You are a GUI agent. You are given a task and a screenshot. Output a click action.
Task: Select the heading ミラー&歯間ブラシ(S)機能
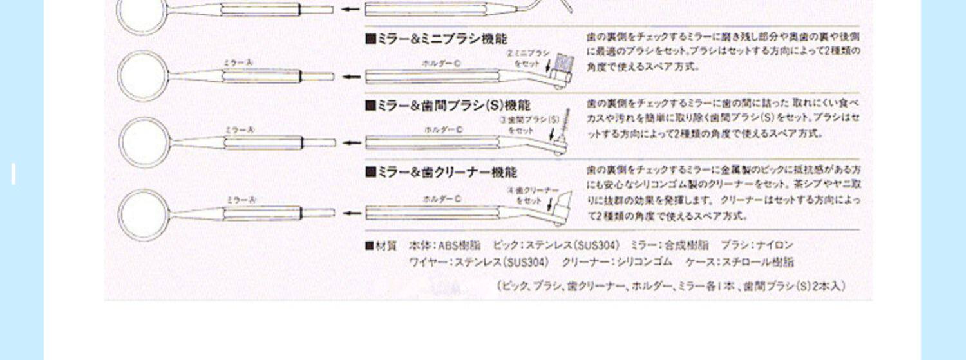448,106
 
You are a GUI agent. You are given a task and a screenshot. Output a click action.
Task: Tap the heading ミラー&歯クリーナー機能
441,173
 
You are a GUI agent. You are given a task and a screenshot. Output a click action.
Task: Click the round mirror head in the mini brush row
142,76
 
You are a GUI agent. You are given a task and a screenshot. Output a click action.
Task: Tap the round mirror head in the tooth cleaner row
142,213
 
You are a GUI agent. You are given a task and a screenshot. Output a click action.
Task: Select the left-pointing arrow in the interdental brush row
351,143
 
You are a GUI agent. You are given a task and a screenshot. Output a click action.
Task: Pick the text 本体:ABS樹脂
444,245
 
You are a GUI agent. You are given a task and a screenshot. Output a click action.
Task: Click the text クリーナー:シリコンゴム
616,262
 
